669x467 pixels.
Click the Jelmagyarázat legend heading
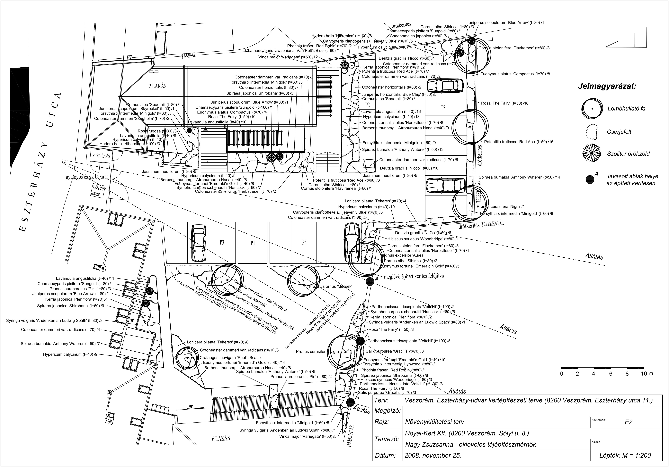pos(607,87)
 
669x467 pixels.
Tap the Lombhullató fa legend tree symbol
pos(592,108)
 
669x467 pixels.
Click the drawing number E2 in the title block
pos(629,422)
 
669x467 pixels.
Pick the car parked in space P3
pos(198,243)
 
